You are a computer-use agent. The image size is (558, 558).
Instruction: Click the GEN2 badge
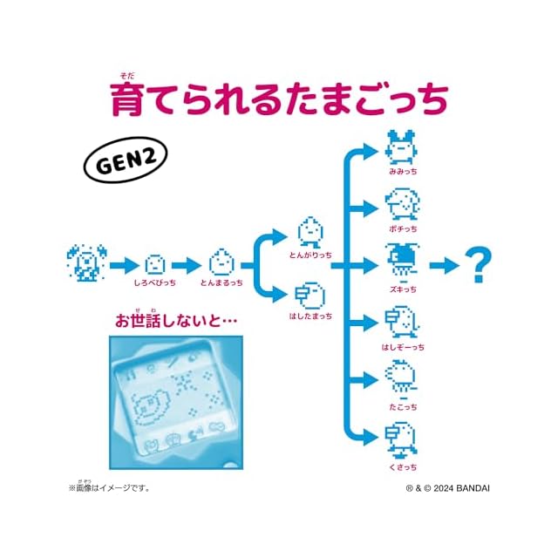tap(126, 162)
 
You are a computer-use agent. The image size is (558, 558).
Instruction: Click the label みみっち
tap(403, 172)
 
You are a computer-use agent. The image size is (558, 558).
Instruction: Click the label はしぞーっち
tap(402, 348)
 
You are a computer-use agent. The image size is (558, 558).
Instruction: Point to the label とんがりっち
tap(310, 255)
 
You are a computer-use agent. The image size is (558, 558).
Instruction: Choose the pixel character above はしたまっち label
tap(310, 294)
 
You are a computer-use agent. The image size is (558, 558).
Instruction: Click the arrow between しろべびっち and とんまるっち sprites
tap(187, 263)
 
